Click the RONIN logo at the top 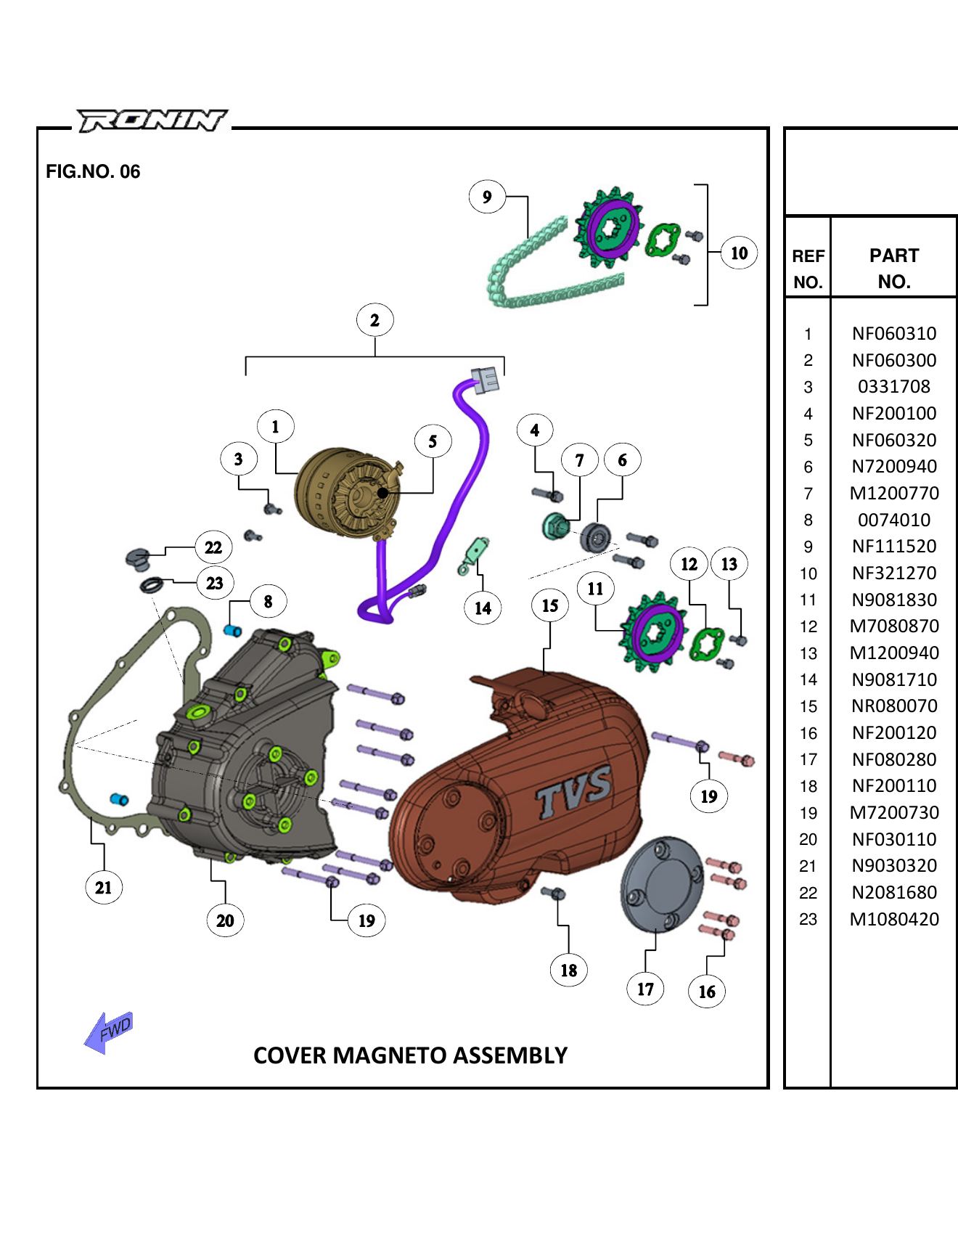(x=152, y=120)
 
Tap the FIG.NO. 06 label (x=93, y=172)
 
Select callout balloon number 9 (x=487, y=197)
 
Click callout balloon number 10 (x=739, y=253)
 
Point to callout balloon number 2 (x=374, y=320)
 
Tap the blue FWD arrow (x=108, y=1031)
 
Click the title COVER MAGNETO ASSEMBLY (x=410, y=1055)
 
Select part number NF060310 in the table (x=893, y=334)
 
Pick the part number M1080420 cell (x=893, y=920)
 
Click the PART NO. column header (x=893, y=269)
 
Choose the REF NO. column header (x=808, y=269)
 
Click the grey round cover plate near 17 (x=661, y=884)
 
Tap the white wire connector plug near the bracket (x=486, y=379)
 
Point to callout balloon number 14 (x=483, y=608)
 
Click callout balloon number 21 (x=104, y=888)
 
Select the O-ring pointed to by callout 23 (x=152, y=585)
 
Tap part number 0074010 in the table (x=893, y=520)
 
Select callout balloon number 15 (x=550, y=605)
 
